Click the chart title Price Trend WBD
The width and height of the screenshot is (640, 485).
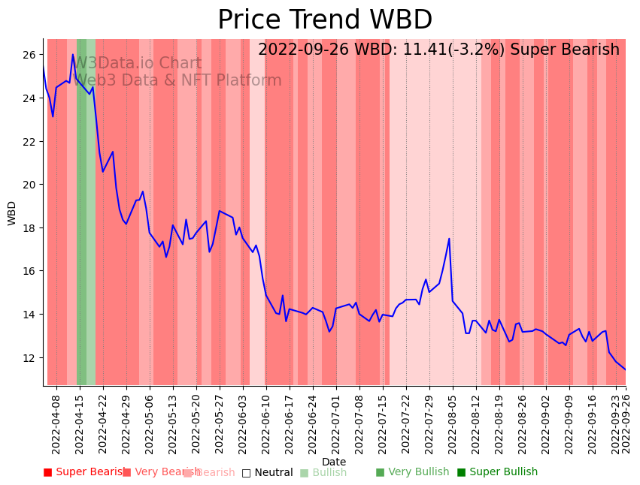tap(325, 20)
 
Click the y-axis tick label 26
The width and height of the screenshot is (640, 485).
tap(29, 55)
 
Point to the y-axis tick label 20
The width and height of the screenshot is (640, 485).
tap(29, 185)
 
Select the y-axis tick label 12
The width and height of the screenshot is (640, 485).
tap(29, 357)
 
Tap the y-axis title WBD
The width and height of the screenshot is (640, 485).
tap(12, 213)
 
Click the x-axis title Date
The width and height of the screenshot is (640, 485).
tap(334, 462)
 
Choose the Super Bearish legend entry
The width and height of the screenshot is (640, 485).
tap(84, 472)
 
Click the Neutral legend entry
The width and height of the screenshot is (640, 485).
tap(267, 473)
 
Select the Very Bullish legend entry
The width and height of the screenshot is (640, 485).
tap(412, 472)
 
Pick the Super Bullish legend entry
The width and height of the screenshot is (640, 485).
tap(497, 472)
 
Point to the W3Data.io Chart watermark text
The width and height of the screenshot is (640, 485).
tap(137, 64)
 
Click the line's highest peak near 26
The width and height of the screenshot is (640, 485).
tap(73, 55)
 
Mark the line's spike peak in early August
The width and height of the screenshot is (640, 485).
tap(449, 239)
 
